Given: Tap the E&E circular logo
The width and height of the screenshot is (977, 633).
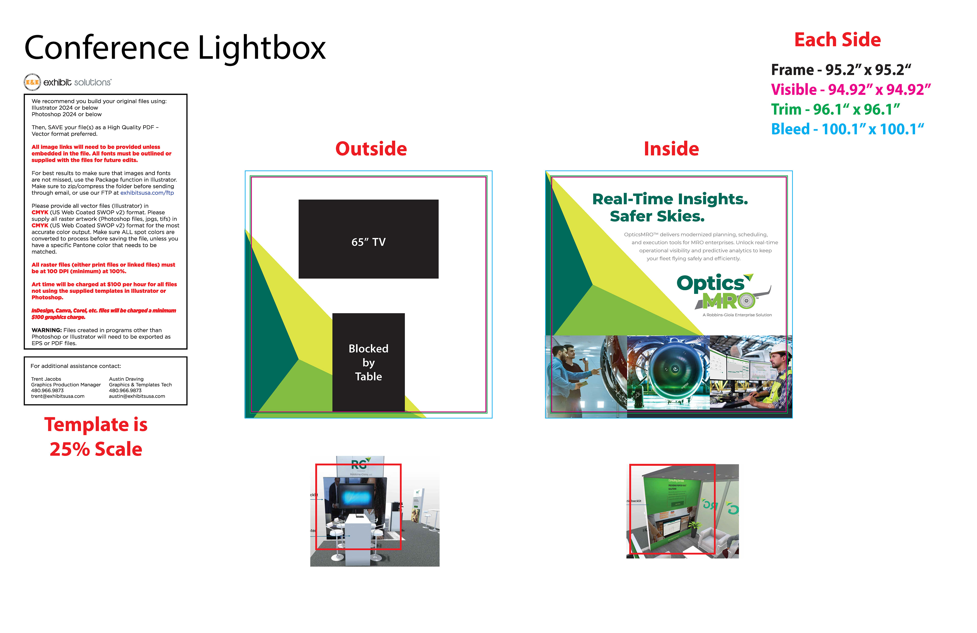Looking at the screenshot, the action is tap(32, 82).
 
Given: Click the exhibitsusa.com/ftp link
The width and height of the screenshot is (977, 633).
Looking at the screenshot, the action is tap(147, 193).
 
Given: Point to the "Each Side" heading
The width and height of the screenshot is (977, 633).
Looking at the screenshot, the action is tap(837, 40).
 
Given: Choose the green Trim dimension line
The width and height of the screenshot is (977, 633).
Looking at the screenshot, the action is tap(835, 110).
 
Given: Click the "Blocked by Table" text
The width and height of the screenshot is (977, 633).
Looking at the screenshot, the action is tap(368, 363).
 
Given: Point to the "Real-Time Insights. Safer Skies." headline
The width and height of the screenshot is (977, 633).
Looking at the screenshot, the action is tap(670, 207).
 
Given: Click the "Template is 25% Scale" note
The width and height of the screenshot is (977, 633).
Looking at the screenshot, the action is tap(96, 437).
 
